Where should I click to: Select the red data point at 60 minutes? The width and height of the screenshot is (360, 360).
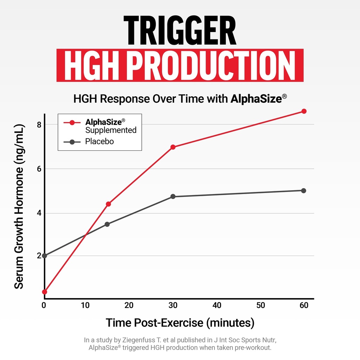click(x=304, y=111)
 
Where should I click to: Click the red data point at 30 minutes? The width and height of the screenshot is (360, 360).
click(x=173, y=147)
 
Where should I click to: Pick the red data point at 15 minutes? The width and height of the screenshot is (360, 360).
click(x=108, y=204)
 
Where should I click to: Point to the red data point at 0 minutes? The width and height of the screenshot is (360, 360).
click(x=44, y=292)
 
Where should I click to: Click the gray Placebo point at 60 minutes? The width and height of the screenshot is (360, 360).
click(x=304, y=191)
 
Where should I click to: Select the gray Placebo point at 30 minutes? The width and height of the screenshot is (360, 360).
click(x=173, y=197)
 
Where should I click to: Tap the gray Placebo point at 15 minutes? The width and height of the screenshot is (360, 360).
click(x=107, y=224)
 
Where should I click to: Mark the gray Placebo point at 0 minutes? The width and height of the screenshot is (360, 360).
click(x=44, y=256)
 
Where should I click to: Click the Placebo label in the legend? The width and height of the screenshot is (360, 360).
click(x=99, y=142)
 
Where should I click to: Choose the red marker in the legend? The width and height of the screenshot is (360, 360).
click(x=72, y=123)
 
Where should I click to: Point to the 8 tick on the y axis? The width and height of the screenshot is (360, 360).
click(x=39, y=124)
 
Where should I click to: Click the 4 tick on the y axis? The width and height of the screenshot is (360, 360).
click(x=39, y=213)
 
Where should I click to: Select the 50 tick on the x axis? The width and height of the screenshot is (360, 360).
click(x=261, y=306)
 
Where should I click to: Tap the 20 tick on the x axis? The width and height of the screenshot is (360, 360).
click(x=129, y=306)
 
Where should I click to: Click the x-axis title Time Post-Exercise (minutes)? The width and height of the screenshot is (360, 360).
click(x=180, y=322)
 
